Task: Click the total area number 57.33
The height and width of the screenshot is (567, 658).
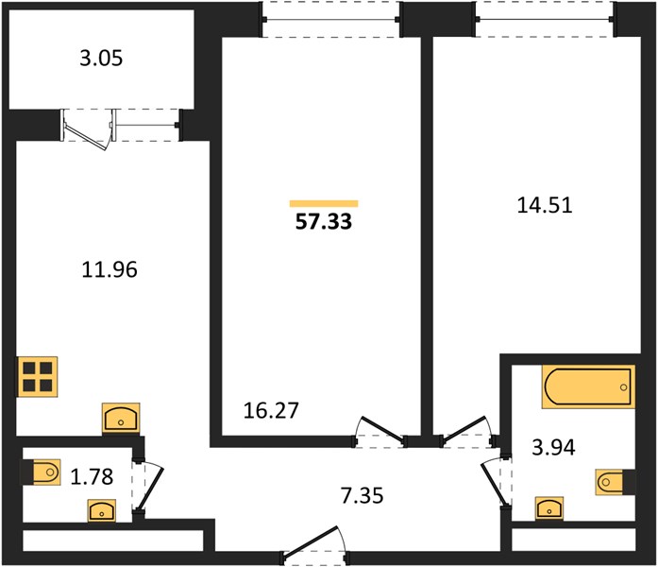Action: click(x=324, y=222)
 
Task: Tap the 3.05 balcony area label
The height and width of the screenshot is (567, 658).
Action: click(x=101, y=58)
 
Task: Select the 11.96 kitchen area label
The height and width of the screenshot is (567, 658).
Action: click(x=110, y=269)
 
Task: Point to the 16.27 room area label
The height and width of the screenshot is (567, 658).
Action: click(x=271, y=410)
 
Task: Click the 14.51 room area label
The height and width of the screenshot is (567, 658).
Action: click(x=545, y=206)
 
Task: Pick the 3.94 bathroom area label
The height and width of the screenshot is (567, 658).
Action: click(x=553, y=447)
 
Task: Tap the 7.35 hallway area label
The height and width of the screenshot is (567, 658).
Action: click(x=362, y=495)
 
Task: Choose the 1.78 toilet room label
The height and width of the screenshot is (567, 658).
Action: click(x=92, y=477)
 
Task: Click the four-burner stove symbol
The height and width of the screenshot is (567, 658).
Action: click(x=38, y=377)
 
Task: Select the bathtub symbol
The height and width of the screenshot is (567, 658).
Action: click(x=588, y=387)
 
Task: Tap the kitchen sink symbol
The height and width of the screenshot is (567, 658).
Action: click(x=121, y=419)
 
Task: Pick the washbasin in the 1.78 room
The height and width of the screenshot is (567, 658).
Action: click(x=102, y=510)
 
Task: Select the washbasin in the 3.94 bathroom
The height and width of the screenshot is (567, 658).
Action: click(x=549, y=508)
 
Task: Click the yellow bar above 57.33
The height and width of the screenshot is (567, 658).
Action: click(x=324, y=204)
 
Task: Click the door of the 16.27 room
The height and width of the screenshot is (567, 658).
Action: click(x=380, y=432)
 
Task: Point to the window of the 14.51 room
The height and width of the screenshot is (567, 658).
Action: click(x=545, y=19)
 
